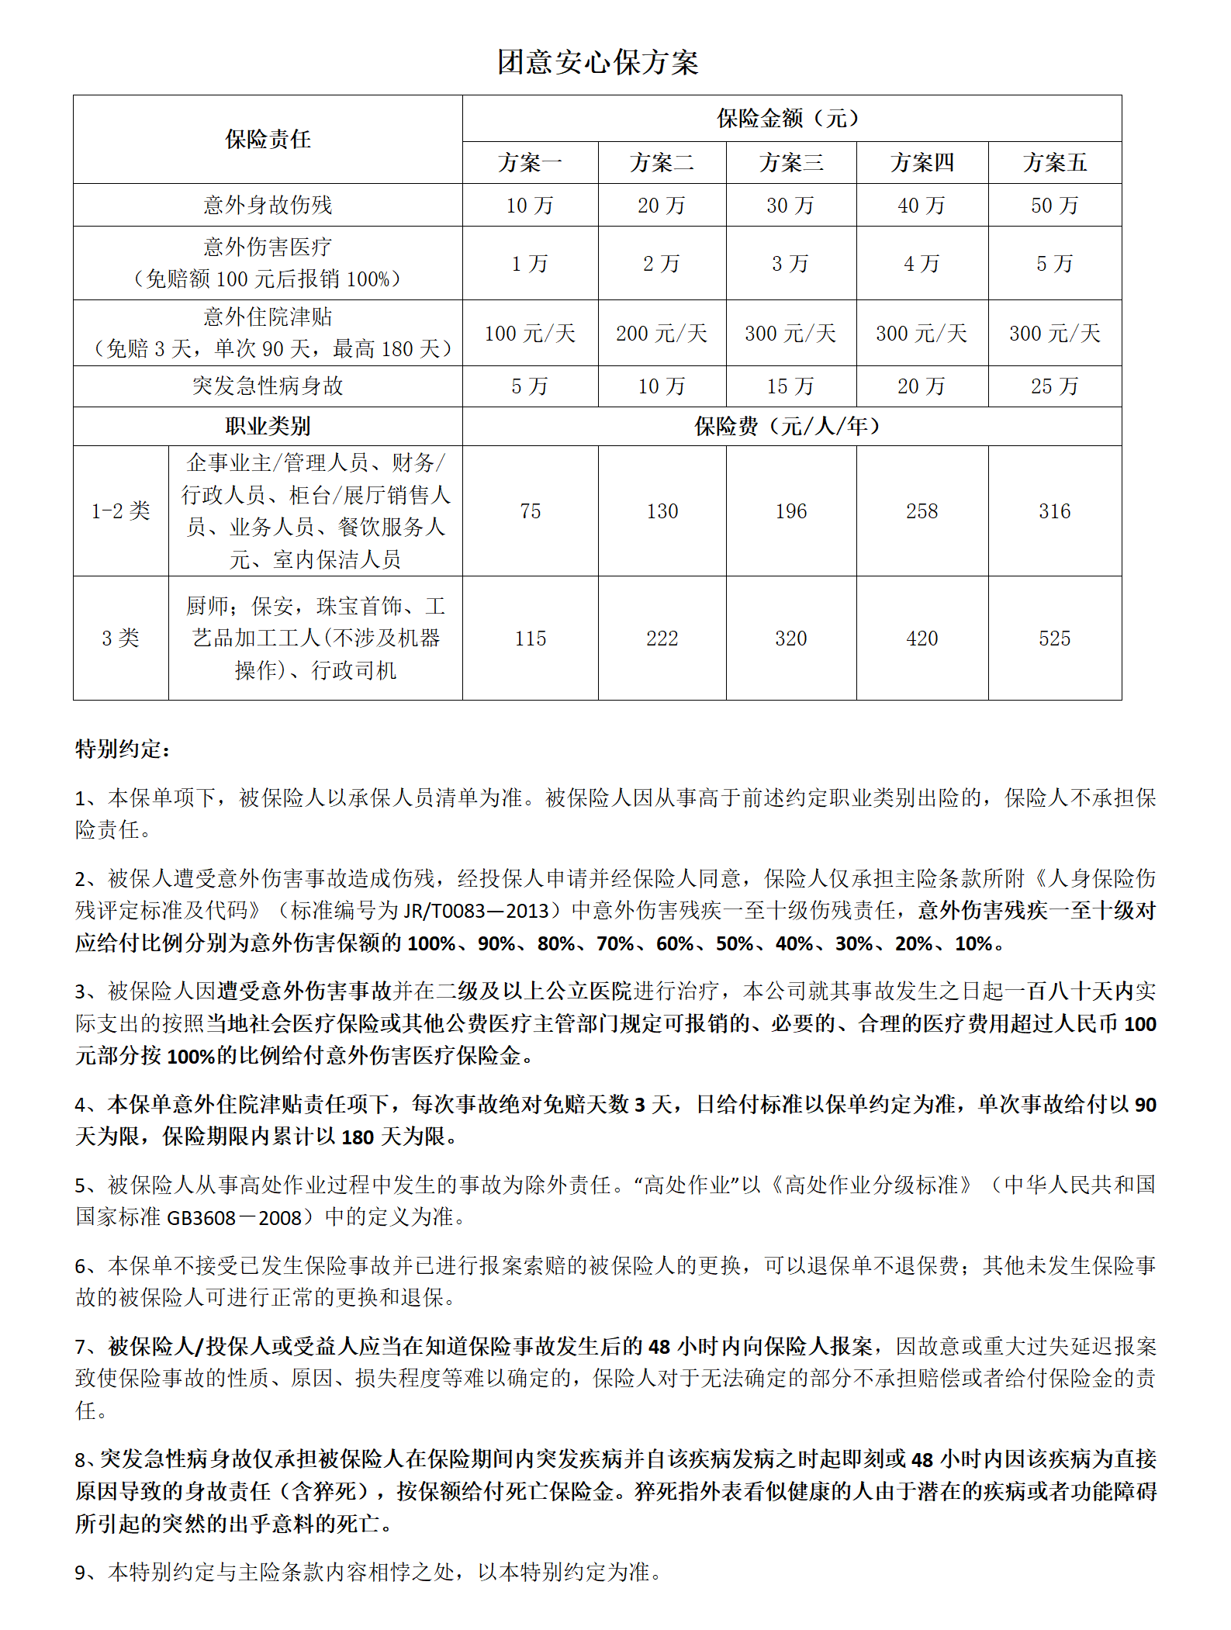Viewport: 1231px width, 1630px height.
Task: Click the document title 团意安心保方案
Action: tap(597, 62)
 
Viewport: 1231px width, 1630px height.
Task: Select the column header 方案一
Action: tap(530, 163)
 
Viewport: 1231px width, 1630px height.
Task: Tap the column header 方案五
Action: tap(1054, 163)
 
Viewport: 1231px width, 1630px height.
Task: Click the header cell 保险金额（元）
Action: tap(791, 119)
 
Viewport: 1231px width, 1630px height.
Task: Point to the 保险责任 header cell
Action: tap(268, 140)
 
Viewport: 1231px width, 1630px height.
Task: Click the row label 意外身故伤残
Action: tap(268, 205)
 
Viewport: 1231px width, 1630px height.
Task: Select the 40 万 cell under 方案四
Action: tap(922, 206)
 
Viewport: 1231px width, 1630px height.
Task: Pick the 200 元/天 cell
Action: tap(662, 334)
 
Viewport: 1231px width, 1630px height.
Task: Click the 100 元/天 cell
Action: tap(530, 334)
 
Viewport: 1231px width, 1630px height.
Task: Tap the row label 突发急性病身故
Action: tap(268, 386)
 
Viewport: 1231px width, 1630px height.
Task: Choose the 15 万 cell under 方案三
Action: tap(790, 386)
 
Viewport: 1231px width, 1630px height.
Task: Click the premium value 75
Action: tap(530, 511)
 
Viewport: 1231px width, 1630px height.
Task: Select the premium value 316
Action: tap(1054, 511)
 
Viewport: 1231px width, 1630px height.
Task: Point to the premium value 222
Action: tap(662, 639)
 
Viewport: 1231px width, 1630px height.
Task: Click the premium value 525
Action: tap(1054, 639)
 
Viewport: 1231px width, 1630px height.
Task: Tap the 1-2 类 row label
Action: tap(120, 510)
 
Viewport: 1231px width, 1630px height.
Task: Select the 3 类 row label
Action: tap(120, 639)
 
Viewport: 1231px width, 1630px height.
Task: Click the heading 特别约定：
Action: tap(123, 749)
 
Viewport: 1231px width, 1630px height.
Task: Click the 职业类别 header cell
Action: tap(268, 426)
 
